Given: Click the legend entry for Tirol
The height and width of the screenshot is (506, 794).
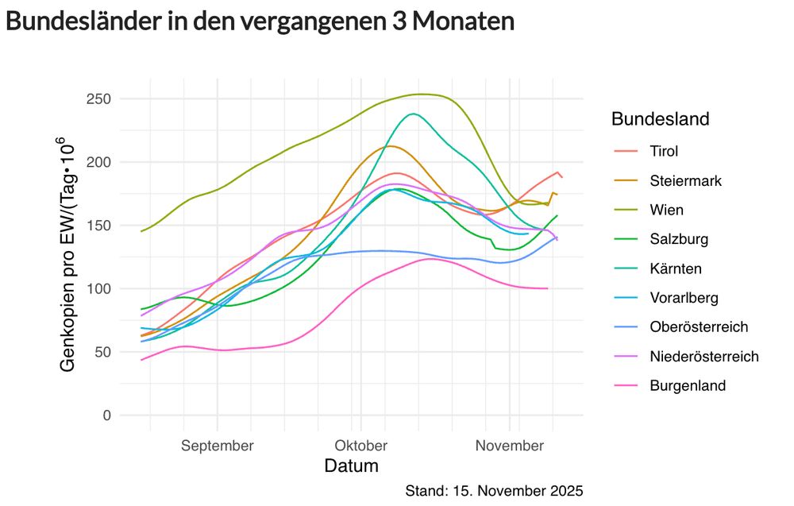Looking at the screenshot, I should pyautogui.click(x=663, y=151).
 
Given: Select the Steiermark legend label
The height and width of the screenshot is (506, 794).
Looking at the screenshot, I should pyautogui.click(x=684, y=180).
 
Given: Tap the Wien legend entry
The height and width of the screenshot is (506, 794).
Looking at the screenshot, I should pyautogui.click(x=665, y=210).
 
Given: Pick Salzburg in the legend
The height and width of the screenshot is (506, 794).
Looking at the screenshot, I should pyautogui.click(x=678, y=239).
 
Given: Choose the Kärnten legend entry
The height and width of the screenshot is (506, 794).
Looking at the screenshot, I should pyautogui.click(x=675, y=268).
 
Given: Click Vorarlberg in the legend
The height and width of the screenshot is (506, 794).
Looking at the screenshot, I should pyautogui.click(x=683, y=298).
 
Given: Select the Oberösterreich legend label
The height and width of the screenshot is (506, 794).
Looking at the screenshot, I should pyautogui.click(x=698, y=326).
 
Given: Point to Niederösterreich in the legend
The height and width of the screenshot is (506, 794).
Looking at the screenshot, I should pyautogui.click(x=703, y=356).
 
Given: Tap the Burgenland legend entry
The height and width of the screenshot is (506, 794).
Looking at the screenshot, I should pyautogui.click(x=687, y=385).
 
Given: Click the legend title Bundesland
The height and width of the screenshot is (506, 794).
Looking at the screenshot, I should pyautogui.click(x=660, y=119).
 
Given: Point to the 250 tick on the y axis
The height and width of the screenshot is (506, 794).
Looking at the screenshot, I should pyautogui.click(x=98, y=99).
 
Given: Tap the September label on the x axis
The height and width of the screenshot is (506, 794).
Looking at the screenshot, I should pyautogui.click(x=217, y=446).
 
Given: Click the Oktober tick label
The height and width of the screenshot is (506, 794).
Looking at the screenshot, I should pyautogui.click(x=360, y=446).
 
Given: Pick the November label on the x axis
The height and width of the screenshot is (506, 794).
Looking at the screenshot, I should pyautogui.click(x=509, y=446).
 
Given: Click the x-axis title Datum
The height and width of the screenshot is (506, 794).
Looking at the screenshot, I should pyautogui.click(x=351, y=465).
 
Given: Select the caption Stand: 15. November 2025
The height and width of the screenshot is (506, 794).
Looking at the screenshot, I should pyautogui.click(x=494, y=489).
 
